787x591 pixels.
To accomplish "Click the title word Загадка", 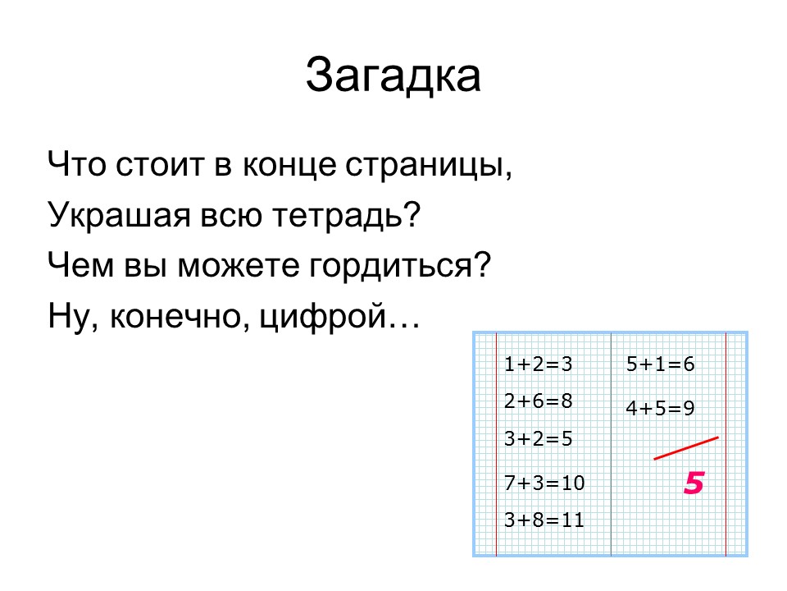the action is pos(393,76).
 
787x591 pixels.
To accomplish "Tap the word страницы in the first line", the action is pos(429,164).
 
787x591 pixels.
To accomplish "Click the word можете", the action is pos(239,266).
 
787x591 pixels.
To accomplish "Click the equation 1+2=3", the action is pos(538,364).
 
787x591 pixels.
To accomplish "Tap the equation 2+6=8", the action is pos(538,401).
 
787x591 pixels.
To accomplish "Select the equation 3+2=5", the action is pos(538,438).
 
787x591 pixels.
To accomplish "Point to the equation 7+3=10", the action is pos(544,483).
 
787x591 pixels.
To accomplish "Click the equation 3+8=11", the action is pos(544,520).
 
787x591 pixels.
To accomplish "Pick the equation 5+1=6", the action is pos(661,364).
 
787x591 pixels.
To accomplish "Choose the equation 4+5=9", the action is pos(661,408).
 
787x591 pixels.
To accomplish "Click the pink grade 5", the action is pos(694,483).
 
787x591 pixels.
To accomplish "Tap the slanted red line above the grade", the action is pos(686,448).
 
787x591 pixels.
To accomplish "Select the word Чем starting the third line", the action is pos(81,266).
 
